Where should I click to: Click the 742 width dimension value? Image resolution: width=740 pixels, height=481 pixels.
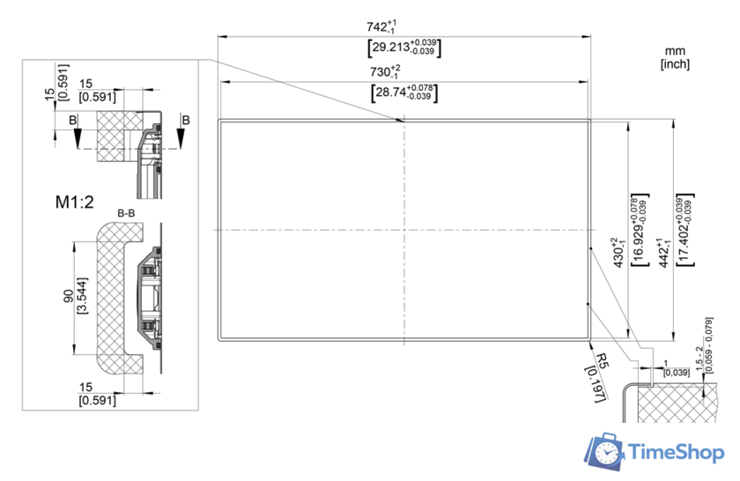click(381, 26)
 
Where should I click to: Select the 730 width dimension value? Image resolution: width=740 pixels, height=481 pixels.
click(385, 71)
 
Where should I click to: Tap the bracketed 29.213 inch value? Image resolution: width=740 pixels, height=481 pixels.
click(404, 48)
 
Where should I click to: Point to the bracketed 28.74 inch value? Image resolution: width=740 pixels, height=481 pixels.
click(404, 93)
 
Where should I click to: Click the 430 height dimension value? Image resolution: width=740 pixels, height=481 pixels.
click(618, 253)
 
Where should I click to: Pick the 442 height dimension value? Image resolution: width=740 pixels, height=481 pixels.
click(664, 253)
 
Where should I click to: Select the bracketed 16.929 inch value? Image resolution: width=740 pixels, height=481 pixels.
click(640, 229)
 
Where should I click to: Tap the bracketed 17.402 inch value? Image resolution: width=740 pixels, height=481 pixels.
click(685, 229)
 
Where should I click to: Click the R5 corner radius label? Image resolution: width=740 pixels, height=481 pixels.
click(603, 361)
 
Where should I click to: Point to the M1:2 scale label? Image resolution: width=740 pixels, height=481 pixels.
click(75, 202)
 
